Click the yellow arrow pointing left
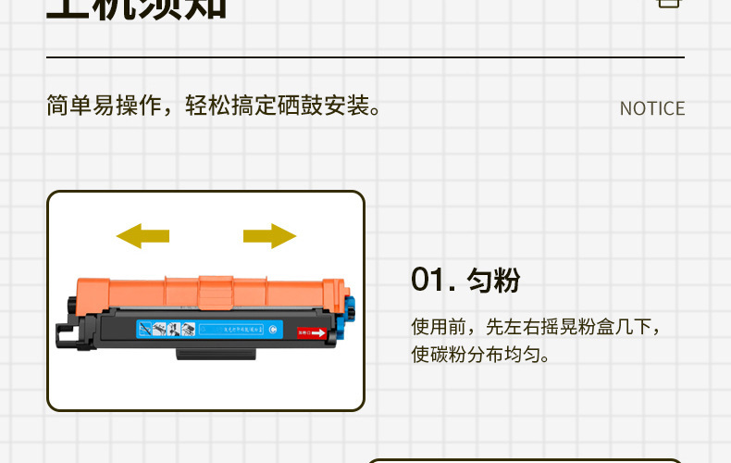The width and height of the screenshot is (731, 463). click(x=142, y=235)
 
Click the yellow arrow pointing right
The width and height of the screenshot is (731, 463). click(x=269, y=235)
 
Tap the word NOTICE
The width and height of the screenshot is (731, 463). click(x=652, y=108)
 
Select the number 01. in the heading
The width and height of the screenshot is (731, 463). click(x=434, y=280)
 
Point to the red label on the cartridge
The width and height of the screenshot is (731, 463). click(x=312, y=332)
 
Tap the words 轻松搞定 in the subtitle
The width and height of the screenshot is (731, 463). click(x=230, y=106)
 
